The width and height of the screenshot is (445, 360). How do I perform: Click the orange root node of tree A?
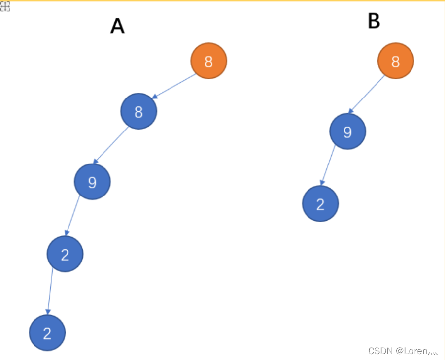[208, 61]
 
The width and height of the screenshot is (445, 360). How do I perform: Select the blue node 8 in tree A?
[138, 111]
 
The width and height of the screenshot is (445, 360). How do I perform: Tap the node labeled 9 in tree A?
[92, 182]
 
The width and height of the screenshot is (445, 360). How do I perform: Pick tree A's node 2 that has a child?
[65, 254]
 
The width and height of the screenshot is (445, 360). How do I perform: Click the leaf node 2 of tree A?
[47, 333]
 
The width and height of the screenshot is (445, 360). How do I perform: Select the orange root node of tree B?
[395, 61]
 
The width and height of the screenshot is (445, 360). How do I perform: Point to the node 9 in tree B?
[347, 131]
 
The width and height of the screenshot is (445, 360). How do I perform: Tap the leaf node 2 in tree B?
[320, 204]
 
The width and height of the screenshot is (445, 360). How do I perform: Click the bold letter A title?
[117, 26]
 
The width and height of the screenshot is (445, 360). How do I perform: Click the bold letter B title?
[374, 21]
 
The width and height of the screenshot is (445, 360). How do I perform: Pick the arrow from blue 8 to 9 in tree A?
[111, 145]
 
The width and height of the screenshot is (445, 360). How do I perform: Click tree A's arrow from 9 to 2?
[72, 215]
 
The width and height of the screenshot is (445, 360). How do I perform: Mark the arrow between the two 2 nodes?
[50, 291]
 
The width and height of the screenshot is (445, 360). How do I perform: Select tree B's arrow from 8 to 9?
[367, 95]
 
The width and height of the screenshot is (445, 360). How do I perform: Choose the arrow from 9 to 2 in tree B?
[328, 165]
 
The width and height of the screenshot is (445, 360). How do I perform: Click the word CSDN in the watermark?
[379, 351]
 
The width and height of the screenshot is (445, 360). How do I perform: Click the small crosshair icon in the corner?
[5, 6]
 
